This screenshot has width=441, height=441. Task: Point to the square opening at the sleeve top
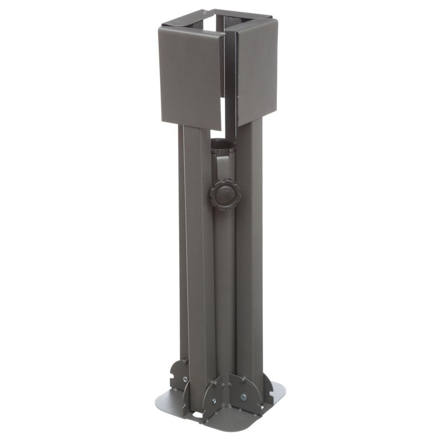point(217,28)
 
